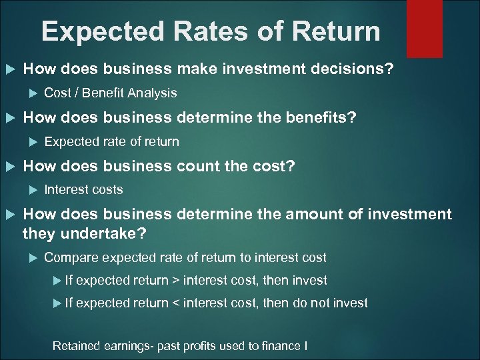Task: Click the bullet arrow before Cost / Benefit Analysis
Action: pos(34,93)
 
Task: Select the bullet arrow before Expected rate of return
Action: pos(34,141)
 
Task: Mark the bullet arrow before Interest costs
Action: pos(34,189)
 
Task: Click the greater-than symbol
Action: pos(175,281)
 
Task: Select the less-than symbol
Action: pos(175,303)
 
